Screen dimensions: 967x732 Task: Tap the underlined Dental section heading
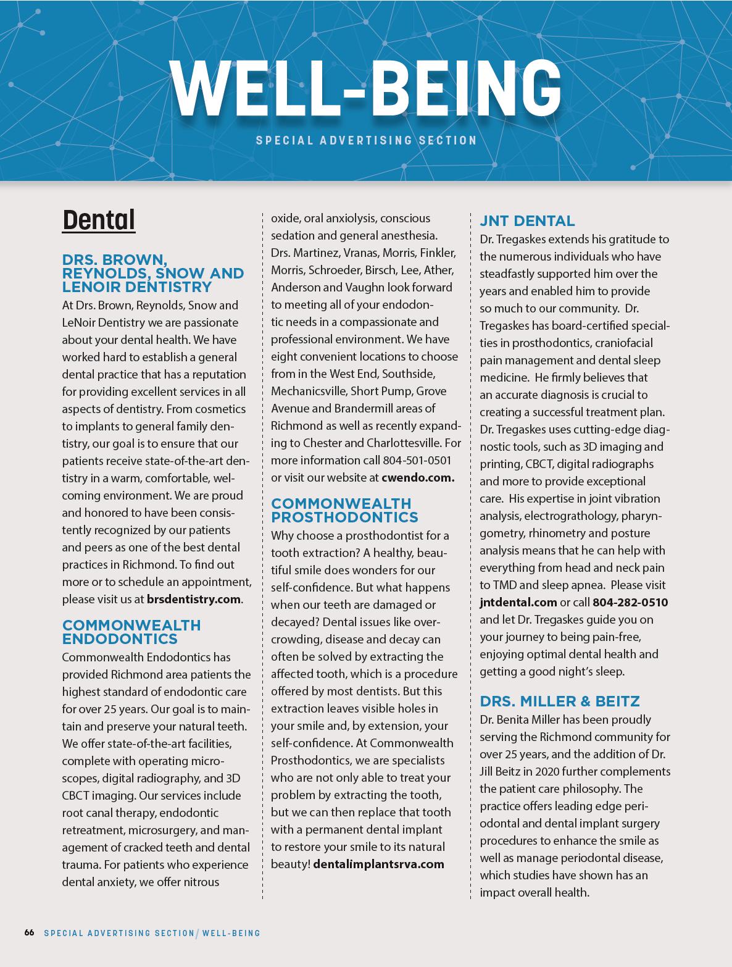click(x=99, y=220)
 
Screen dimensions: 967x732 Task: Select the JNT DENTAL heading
click(x=527, y=221)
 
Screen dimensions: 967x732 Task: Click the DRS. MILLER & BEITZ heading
click(x=560, y=701)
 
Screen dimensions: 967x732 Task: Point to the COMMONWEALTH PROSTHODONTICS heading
click(x=344, y=510)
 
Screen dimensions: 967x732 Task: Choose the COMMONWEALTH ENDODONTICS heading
click(x=131, y=632)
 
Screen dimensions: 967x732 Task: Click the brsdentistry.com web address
click(x=194, y=599)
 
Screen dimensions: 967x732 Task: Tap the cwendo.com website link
click(x=418, y=477)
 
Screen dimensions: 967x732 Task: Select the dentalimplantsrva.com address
click(x=379, y=864)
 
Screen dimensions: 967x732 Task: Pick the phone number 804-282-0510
click(x=630, y=602)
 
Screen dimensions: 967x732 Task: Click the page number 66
click(x=29, y=932)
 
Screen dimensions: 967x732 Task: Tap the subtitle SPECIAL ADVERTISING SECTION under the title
click(x=367, y=140)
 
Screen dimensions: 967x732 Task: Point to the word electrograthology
click(x=557, y=516)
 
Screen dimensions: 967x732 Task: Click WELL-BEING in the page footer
click(x=231, y=933)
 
